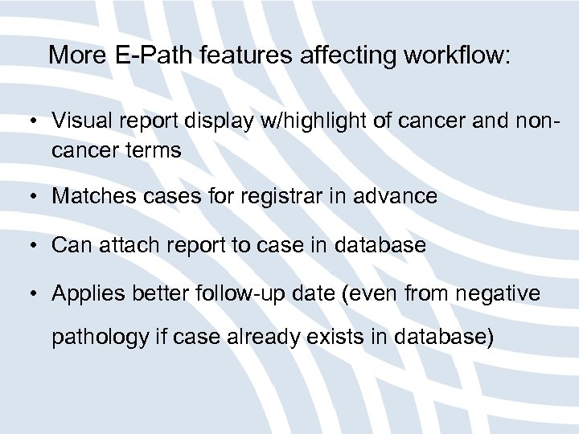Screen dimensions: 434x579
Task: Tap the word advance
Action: coord(398,196)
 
